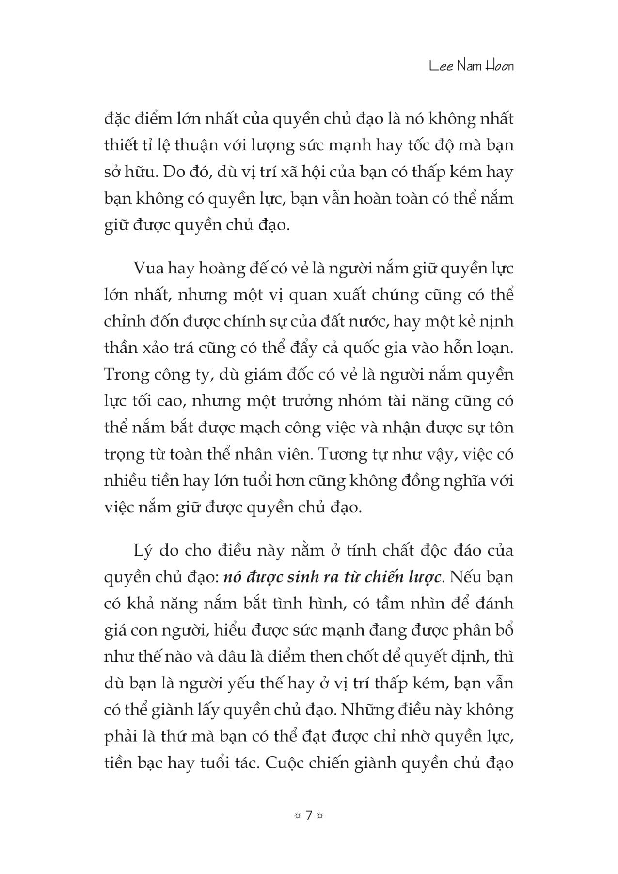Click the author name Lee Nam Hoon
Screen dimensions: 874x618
[x=471, y=66]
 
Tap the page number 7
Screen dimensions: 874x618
[x=309, y=815]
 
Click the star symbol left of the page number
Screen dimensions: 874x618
[x=297, y=816]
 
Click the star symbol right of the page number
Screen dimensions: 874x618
[x=320, y=816]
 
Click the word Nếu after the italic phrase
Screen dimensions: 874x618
[x=463, y=578]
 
